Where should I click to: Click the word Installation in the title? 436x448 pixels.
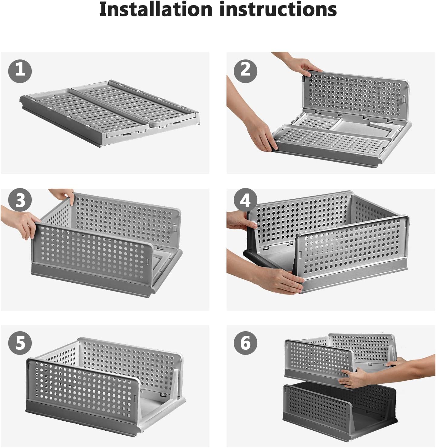156,9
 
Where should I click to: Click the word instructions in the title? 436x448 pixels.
278,9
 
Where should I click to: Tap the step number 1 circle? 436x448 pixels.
20,71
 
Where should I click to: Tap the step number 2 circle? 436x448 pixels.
246,71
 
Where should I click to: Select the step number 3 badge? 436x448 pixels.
20,200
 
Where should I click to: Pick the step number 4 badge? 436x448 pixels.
246,200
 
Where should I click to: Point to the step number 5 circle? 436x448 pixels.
20,343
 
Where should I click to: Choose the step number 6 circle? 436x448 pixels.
246,343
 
